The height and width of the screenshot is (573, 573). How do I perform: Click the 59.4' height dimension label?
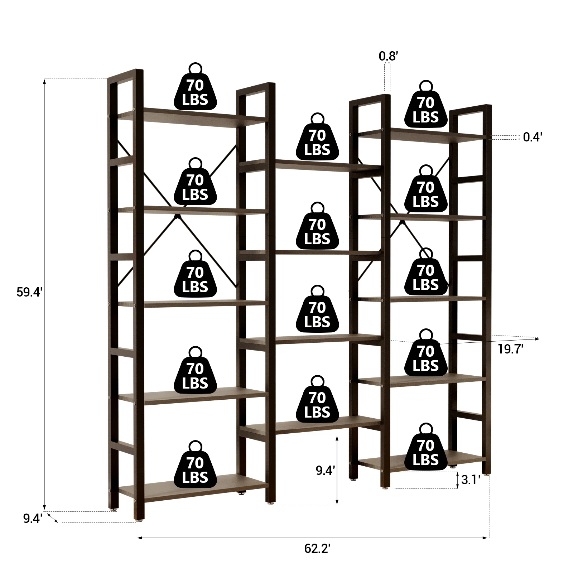point(29,292)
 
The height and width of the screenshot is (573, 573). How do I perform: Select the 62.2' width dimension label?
point(317,548)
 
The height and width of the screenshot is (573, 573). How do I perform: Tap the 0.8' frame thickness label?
point(388,56)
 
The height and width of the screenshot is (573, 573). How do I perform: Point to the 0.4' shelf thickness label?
point(533,137)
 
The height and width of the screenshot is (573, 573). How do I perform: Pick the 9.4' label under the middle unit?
point(325,470)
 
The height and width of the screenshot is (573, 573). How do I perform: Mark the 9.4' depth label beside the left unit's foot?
point(33,518)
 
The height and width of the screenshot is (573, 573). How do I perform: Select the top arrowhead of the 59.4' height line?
point(44,81)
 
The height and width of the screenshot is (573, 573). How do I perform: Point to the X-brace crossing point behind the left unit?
point(177,217)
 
